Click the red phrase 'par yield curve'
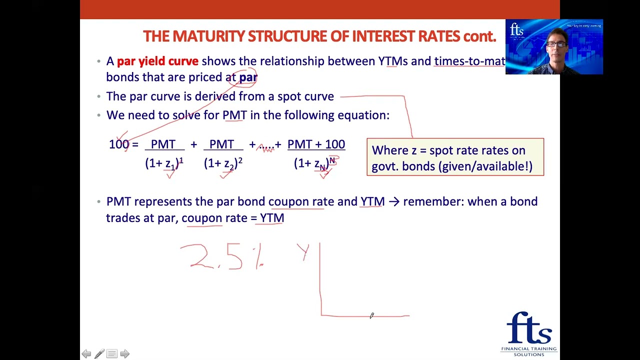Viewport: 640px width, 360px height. (x=157, y=61)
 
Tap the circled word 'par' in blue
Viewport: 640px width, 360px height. (x=248, y=77)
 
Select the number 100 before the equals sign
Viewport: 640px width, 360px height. (x=119, y=144)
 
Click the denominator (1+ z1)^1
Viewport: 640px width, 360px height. (x=164, y=163)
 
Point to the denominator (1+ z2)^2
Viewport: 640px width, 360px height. (x=223, y=163)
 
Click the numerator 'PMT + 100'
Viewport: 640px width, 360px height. (x=316, y=144)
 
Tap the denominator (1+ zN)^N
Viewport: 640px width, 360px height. (x=314, y=163)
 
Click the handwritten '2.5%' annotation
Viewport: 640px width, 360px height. (x=222, y=257)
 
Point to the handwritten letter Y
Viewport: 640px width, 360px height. (x=303, y=251)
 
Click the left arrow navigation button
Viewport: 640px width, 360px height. (x=86, y=354)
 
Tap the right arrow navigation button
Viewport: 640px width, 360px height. (x=124, y=354)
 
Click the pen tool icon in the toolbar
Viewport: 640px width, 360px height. (x=99, y=354)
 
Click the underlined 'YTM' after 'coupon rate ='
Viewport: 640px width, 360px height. (x=272, y=218)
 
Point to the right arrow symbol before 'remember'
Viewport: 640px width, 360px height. (x=393, y=202)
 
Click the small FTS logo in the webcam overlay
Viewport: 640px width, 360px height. (x=516, y=30)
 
